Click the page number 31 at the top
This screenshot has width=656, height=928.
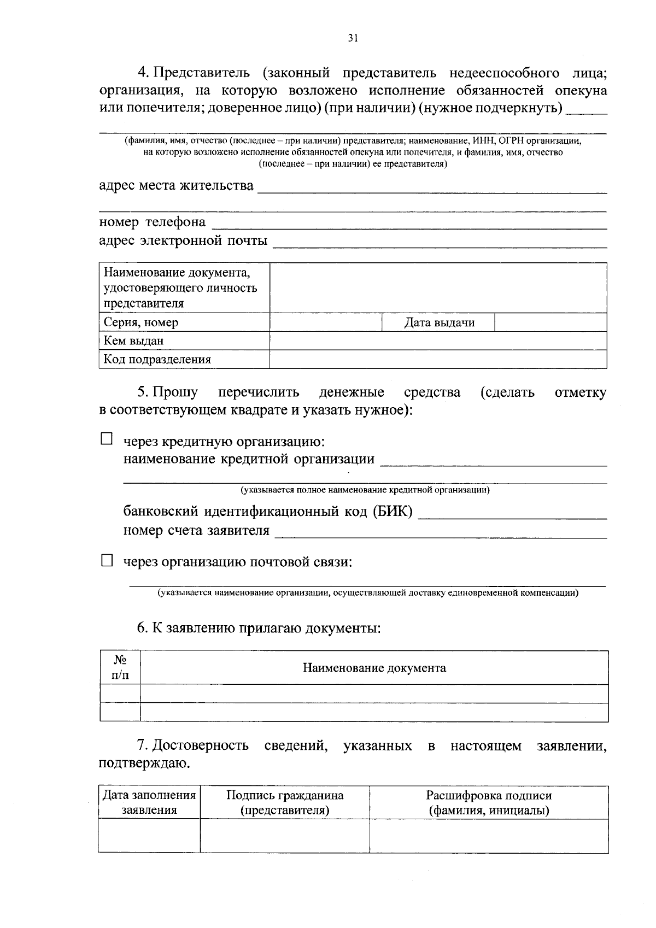[x=353, y=38]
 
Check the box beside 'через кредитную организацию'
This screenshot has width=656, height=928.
[x=107, y=439]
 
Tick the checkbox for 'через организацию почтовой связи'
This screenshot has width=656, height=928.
[x=107, y=560]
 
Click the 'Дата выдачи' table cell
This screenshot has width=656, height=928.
[x=438, y=322]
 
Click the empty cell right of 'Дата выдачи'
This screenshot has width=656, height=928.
[x=550, y=322]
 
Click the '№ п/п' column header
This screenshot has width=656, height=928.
[x=120, y=668]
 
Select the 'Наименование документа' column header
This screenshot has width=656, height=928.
[x=374, y=668]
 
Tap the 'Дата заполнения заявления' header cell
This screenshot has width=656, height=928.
[x=149, y=802]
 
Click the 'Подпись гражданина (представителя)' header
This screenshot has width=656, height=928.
[x=285, y=802]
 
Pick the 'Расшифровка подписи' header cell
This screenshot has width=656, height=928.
[x=489, y=802]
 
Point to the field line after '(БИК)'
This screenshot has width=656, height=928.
[x=512, y=515]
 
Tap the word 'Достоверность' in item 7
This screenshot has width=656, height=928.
[x=200, y=745]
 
